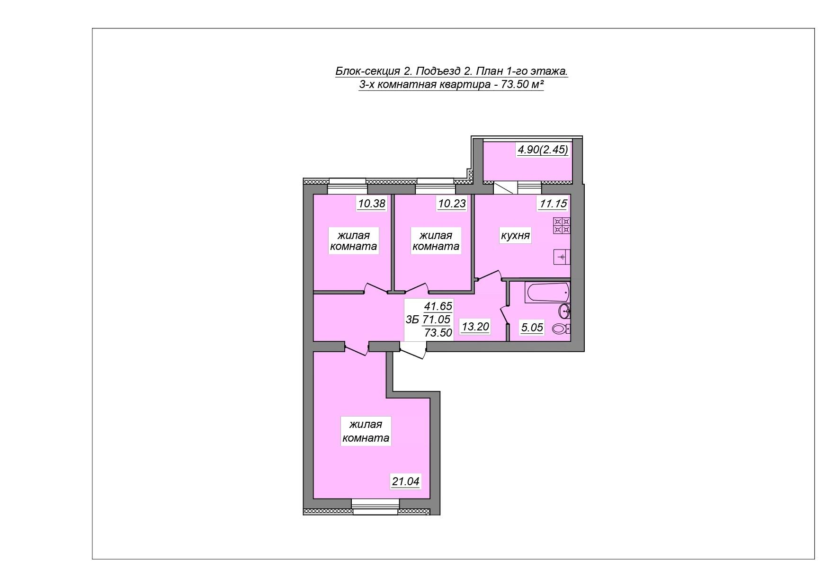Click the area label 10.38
372,204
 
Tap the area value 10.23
452,204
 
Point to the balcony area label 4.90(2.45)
543,150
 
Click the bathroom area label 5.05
532,328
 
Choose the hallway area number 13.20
475,326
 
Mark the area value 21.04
405,481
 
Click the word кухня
515,235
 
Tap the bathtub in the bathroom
547,293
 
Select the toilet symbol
561,329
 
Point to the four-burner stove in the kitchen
562,225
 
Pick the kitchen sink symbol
562,257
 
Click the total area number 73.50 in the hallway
438,332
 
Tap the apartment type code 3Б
412,320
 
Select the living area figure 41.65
438,306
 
